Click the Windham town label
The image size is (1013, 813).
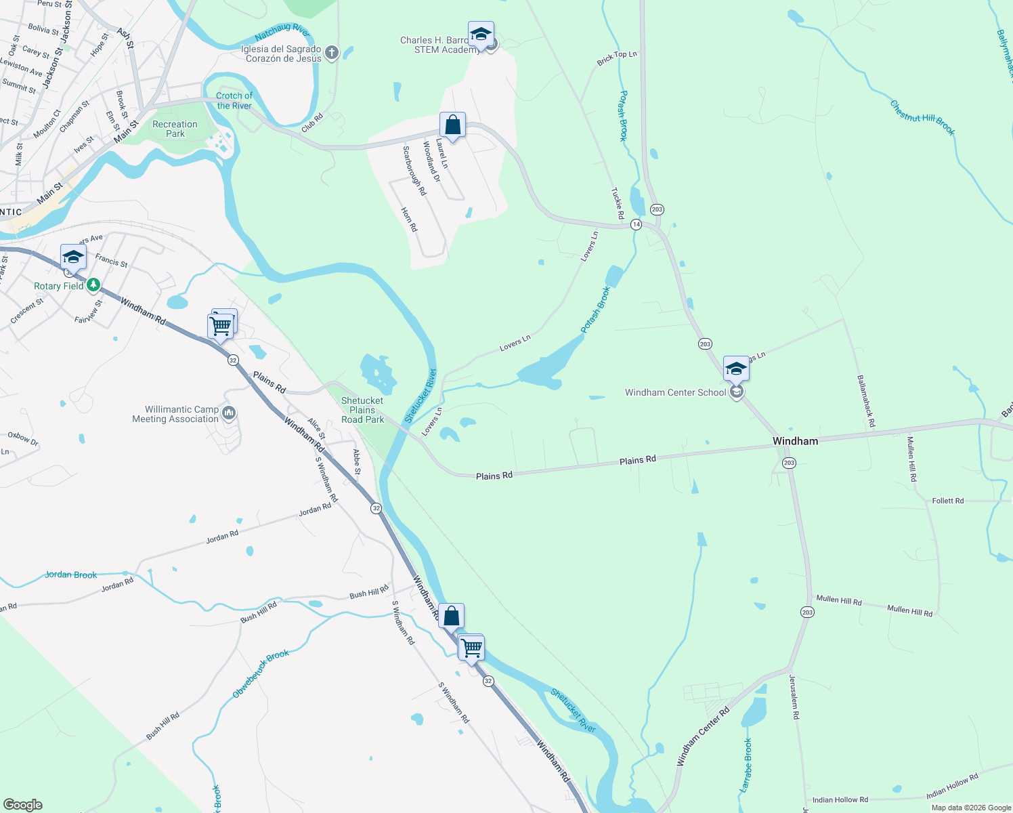point(795,441)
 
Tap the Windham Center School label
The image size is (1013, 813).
point(675,393)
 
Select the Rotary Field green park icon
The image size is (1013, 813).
point(94,285)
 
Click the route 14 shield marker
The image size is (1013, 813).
point(636,224)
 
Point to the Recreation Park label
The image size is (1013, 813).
point(175,129)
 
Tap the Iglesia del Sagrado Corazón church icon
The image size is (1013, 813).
point(332,52)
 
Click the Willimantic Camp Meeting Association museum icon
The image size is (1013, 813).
point(229,413)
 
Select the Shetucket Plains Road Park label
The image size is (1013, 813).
point(362,410)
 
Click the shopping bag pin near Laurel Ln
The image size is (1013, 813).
point(452,126)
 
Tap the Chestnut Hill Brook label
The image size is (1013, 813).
point(922,118)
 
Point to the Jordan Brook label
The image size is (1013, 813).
point(71,575)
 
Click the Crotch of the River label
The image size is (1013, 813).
point(234,101)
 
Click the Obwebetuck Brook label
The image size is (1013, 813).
point(261,673)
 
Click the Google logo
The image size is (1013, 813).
point(22,805)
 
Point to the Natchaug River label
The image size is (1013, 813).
point(282,31)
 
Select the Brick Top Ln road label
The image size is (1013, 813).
point(617,58)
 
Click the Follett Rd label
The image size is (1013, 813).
point(947,501)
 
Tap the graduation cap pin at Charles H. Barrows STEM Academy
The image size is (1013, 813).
point(481,34)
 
